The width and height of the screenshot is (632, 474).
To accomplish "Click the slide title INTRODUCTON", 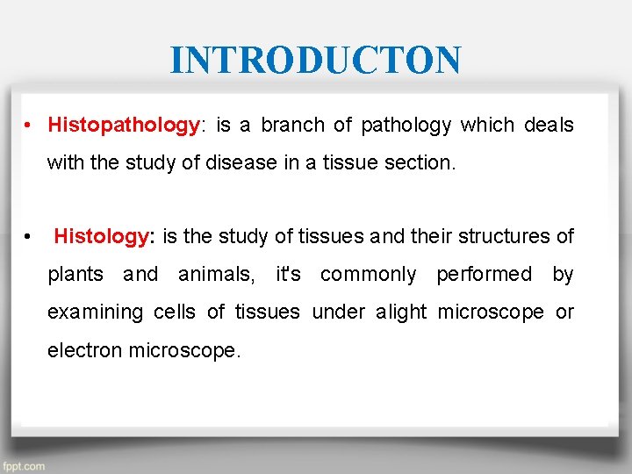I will coord(315,61).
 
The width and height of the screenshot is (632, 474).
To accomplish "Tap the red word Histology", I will coord(102,236).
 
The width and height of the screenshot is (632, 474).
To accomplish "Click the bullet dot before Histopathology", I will coord(29,126).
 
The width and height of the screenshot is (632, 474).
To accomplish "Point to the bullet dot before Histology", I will coord(29,236).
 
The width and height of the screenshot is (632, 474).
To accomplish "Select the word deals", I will coord(549,126).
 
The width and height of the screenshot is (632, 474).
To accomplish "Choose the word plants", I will coord(75,275).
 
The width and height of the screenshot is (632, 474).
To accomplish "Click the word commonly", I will coord(369,275).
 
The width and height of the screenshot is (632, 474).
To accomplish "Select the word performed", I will coord(484,275).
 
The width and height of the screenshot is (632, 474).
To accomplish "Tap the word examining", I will coord(96,312).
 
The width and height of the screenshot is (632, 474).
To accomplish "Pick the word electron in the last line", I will coord(85,350).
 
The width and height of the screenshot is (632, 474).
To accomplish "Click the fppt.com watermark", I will coord(24,466).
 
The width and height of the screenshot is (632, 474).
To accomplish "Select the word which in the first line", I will coord(487,126).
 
